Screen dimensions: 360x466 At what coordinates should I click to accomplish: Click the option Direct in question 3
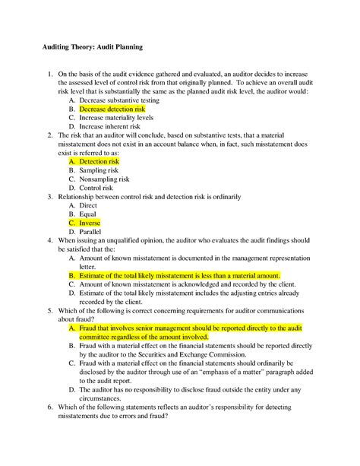88,205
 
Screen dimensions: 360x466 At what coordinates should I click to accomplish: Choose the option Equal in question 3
87,214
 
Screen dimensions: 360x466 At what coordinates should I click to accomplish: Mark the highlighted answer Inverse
90,223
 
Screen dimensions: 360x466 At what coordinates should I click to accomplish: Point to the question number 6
49,407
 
